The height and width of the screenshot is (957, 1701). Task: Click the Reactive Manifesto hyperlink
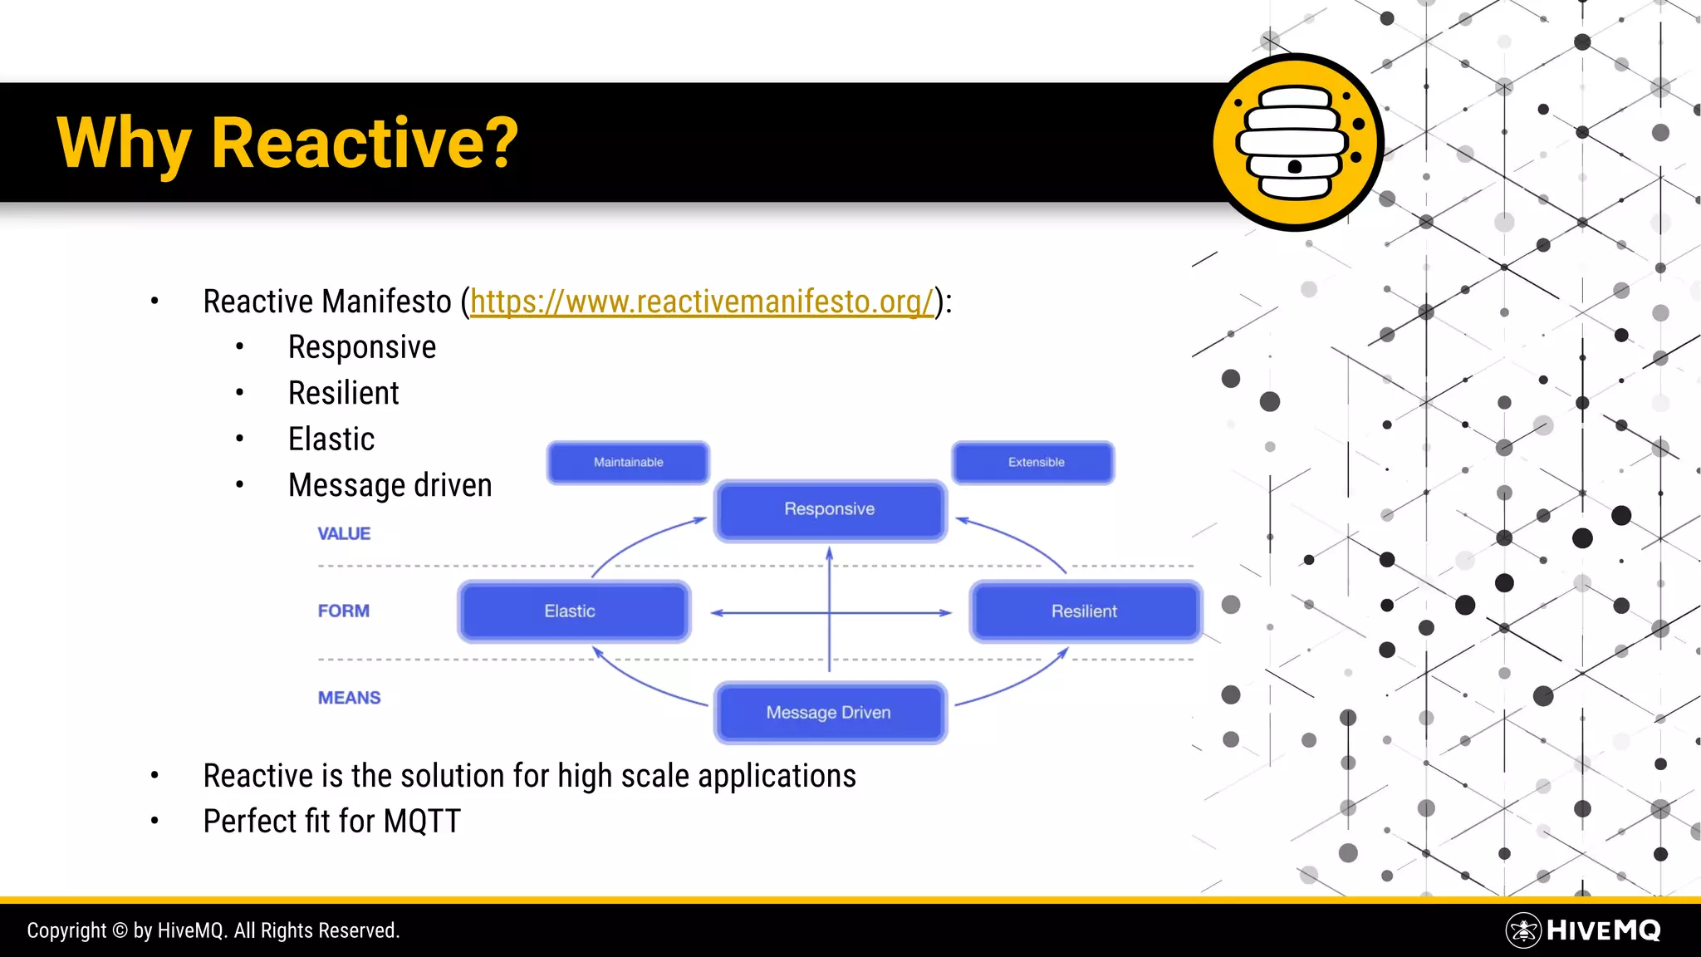tap(702, 302)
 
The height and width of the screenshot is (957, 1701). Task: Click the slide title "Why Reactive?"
tap(287, 143)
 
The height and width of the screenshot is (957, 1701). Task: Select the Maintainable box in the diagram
tap(628, 463)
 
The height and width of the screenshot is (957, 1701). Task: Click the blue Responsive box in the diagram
tap(830, 509)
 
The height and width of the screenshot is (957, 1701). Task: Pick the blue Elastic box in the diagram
tap(573, 611)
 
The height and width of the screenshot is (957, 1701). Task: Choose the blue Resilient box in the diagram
tap(1085, 611)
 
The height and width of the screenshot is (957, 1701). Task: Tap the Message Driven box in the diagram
tap(830, 713)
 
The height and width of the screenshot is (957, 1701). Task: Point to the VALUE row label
tap(344, 534)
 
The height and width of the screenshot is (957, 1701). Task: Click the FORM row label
tap(343, 611)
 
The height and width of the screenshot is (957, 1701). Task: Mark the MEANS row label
tap(349, 698)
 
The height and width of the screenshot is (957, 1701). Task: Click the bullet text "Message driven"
tap(390, 485)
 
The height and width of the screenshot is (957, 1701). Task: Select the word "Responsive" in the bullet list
tap(361, 347)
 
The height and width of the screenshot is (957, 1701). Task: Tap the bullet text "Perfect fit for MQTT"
tap(331, 822)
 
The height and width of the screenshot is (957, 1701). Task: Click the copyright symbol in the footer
tap(120, 930)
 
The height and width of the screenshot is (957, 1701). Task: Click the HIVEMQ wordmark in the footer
tap(1603, 930)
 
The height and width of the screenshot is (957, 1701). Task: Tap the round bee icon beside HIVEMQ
tap(1523, 930)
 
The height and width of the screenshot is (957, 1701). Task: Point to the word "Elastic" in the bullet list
tap(331, 439)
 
